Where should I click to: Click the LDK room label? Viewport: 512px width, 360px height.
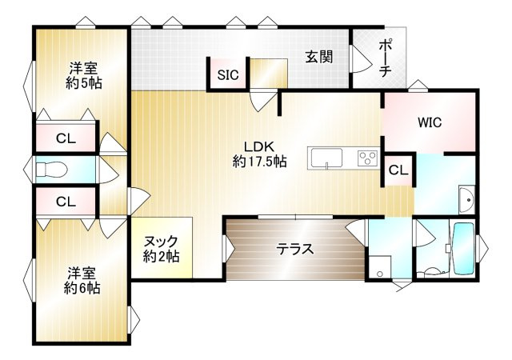click(x=260, y=146)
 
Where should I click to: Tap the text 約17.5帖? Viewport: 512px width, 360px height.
click(x=260, y=162)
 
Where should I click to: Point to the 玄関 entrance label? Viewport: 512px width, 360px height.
click(x=318, y=57)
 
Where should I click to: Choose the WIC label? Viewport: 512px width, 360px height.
click(x=429, y=123)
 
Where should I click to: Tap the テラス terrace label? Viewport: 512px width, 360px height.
click(x=295, y=248)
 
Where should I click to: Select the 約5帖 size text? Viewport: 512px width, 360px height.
click(x=82, y=82)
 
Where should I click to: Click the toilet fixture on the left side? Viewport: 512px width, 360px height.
click(x=53, y=170)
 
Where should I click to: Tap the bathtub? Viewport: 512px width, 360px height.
click(x=463, y=248)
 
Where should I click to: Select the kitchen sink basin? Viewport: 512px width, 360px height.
click(x=326, y=157)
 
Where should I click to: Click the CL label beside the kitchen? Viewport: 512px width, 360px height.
click(x=398, y=170)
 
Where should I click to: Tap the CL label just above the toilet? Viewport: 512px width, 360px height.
click(x=66, y=138)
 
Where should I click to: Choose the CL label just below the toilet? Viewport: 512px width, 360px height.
click(x=66, y=201)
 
